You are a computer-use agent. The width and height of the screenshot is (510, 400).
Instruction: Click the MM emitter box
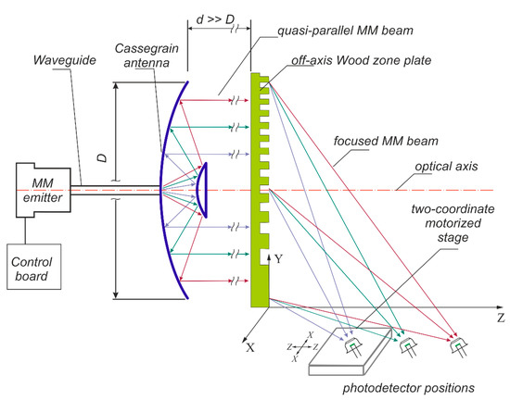[44, 190]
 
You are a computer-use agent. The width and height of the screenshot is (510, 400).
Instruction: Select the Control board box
[34, 267]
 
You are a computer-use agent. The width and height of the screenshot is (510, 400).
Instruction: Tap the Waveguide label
[65, 60]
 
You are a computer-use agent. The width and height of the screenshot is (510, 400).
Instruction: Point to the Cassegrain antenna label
[147, 56]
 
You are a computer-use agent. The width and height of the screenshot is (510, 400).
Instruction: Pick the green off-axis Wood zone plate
[260, 190]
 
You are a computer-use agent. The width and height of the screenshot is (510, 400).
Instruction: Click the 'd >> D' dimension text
[215, 19]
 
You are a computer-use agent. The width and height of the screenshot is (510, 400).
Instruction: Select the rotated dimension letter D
[102, 158]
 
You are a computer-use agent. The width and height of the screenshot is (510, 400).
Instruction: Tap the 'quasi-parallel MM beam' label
[345, 31]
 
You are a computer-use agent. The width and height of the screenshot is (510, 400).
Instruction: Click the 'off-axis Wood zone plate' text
[361, 61]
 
